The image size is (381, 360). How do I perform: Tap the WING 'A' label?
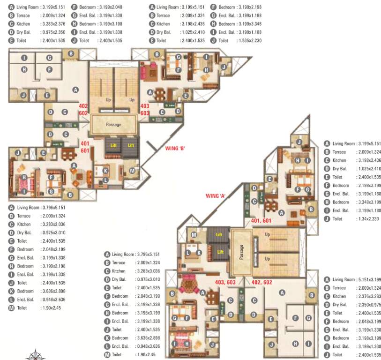click(x=216, y=196)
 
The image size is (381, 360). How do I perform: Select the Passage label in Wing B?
click(x=113, y=125)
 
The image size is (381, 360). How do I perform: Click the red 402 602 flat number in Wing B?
click(x=83, y=109)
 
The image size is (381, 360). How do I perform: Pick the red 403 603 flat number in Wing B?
click(x=145, y=109)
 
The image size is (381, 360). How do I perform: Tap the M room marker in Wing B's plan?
click(x=133, y=171)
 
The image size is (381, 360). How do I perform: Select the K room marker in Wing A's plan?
click(x=199, y=253)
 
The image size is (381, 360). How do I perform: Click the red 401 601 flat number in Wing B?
click(x=85, y=147)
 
